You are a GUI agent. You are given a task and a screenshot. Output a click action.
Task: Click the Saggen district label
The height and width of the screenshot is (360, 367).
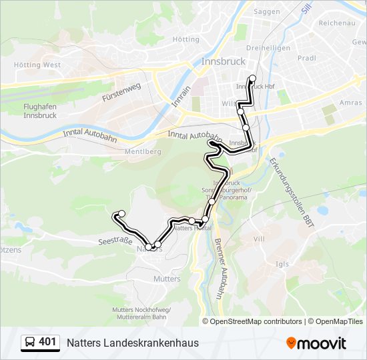click(268, 12)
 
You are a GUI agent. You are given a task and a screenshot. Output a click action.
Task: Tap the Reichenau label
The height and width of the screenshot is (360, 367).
click(335, 23)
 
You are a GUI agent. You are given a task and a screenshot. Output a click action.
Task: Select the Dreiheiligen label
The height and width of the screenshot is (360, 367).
click(268, 48)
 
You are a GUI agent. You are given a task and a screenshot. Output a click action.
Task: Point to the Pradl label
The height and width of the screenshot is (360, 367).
click(307, 58)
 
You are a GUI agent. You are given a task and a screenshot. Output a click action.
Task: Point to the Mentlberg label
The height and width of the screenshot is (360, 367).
click(143, 151)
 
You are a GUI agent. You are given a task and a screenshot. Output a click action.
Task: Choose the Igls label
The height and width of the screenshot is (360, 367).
click(282, 264)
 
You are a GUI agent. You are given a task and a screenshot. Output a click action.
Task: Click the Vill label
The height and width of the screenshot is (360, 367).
click(260, 238)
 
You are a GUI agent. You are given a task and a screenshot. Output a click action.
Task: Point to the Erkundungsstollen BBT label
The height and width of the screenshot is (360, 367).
click(290, 189)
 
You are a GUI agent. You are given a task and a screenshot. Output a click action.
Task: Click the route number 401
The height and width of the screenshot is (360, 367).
click(47, 342)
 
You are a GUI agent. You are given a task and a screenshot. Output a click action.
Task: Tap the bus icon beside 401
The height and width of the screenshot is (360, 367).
click(30, 343)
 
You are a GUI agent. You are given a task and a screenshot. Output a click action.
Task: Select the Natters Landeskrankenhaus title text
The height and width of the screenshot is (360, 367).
click(132, 343)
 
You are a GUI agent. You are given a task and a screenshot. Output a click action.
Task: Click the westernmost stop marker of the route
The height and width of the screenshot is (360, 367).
click(121, 214)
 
